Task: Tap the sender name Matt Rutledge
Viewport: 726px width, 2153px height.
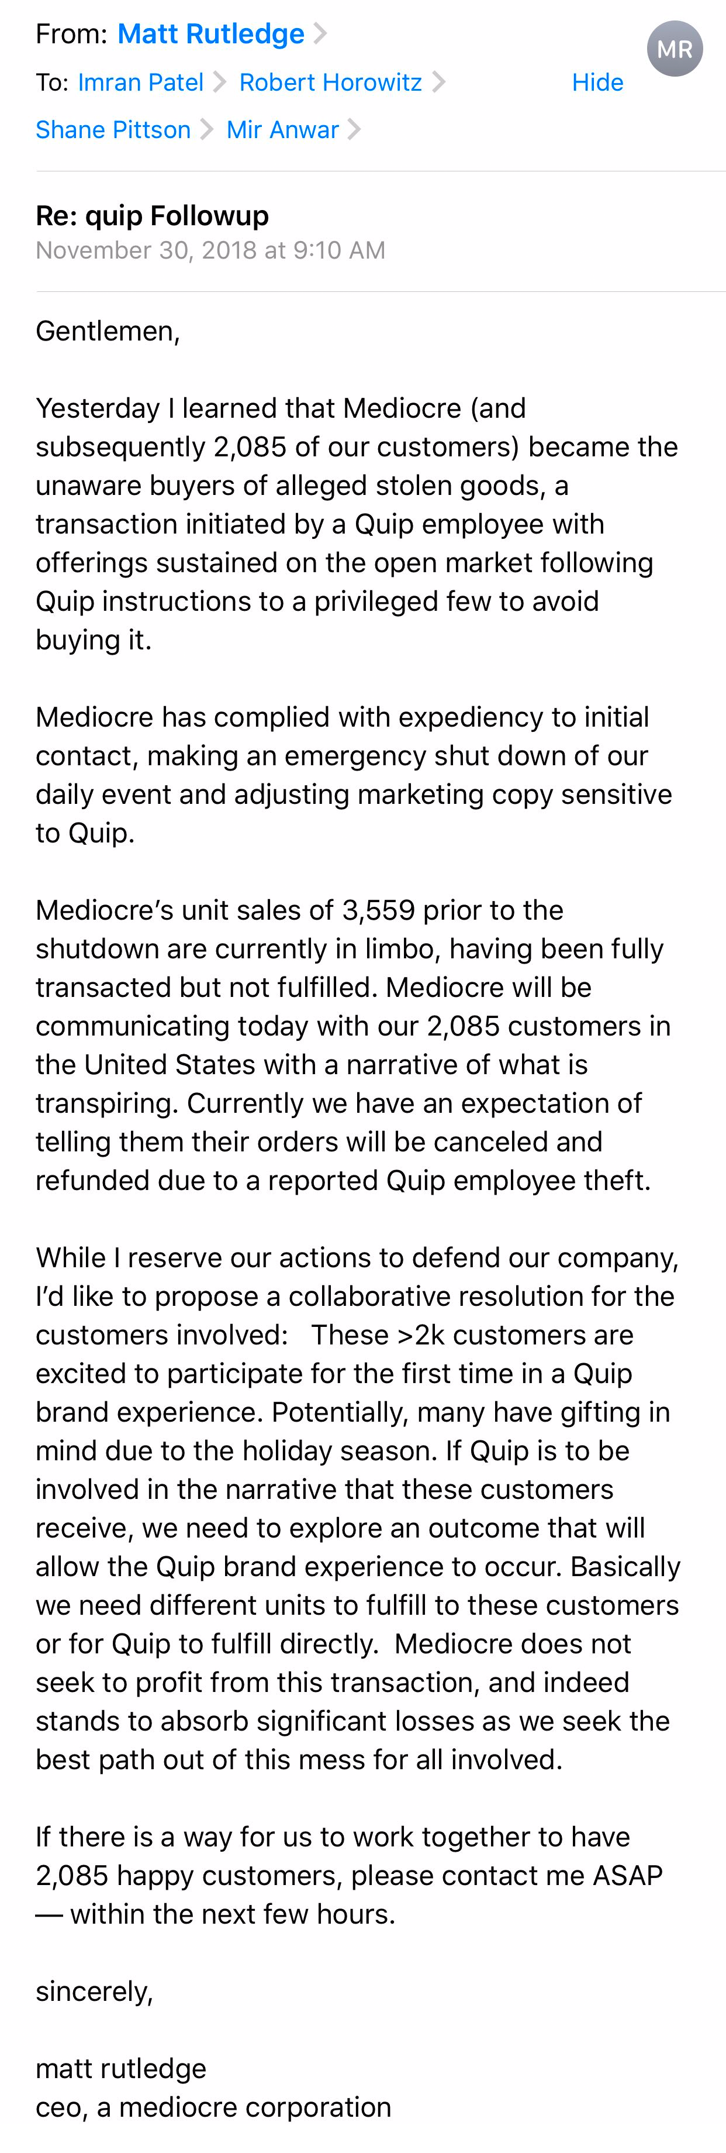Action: tap(210, 35)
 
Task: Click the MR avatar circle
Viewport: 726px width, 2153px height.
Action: tap(674, 49)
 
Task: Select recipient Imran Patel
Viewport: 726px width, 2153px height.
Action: tap(140, 82)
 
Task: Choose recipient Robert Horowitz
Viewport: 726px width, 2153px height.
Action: tap(330, 82)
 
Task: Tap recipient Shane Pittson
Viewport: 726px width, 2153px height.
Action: tap(113, 130)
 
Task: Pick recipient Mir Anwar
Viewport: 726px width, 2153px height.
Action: tap(282, 130)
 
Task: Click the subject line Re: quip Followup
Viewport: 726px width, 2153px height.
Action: tap(152, 216)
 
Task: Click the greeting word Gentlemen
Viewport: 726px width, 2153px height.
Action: tap(105, 332)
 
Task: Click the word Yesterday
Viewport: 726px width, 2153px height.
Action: tap(97, 409)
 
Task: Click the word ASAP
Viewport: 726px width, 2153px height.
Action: tap(627, 1876)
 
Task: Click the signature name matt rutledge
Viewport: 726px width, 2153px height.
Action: tap(121, 2069)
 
